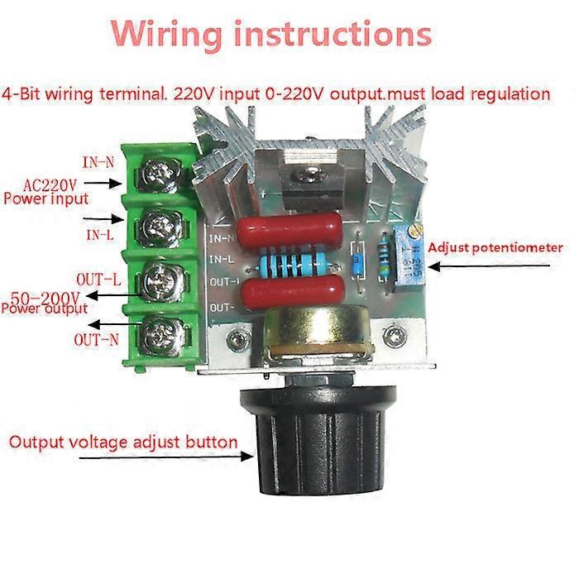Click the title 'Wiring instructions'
click(x=272, y=35)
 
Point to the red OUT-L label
click(x=99, y=279)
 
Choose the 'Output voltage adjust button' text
click(x=123, y=442)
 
